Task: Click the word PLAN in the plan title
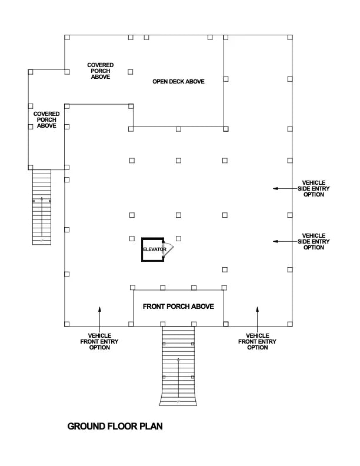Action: [151, 426]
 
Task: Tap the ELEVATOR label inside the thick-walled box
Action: [154, 249]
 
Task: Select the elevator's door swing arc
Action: [170, 250]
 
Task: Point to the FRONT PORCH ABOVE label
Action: [178, 307]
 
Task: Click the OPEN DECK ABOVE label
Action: [178, 81]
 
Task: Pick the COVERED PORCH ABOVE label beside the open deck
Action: [100, 71]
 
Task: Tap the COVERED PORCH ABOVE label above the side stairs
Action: [46, 119]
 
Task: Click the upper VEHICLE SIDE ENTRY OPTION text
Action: [314, 188]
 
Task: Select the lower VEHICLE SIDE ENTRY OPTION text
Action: [314, 241]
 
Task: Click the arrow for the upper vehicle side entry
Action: [284, 188]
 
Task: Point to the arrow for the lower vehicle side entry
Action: [284, 241]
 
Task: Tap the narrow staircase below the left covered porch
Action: [41, 207]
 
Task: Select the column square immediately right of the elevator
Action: [178, 238]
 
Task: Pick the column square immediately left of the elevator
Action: [132, 238]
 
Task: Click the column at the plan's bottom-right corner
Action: [289, 324]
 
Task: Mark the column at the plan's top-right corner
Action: [289, 37]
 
